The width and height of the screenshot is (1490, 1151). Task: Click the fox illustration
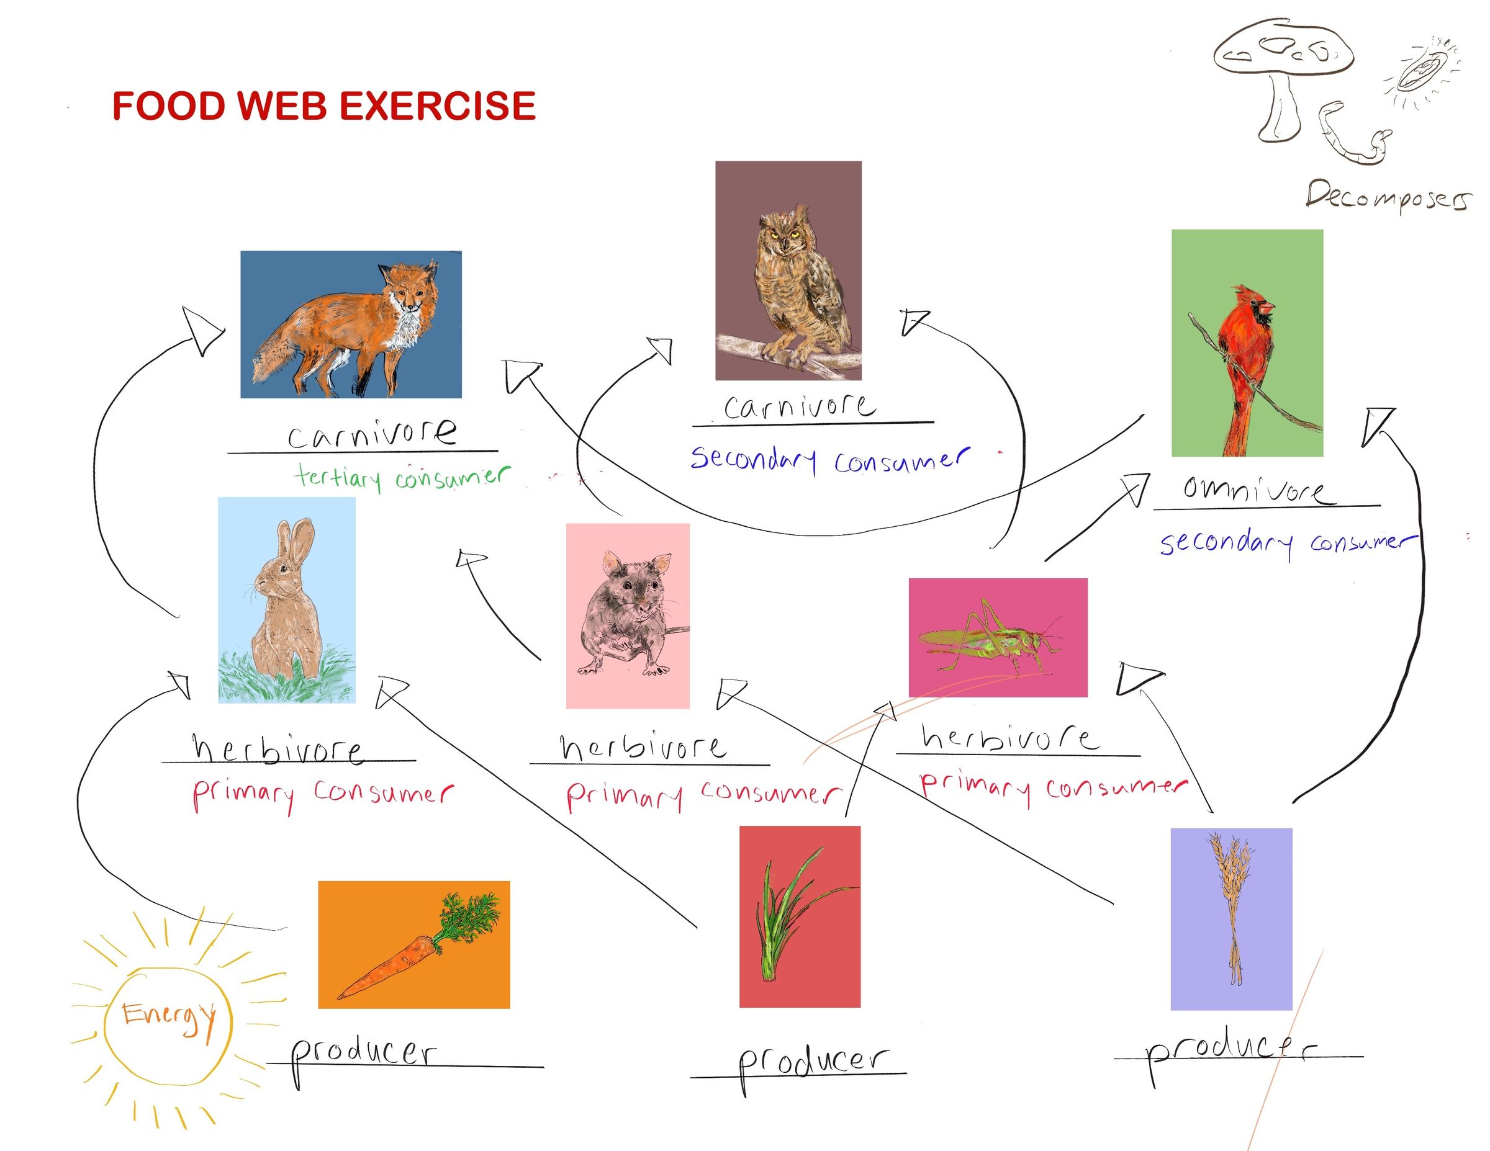(351, 325)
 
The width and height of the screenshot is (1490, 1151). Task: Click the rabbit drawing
(287, 600)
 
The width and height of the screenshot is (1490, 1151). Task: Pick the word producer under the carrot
(363, 1054)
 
